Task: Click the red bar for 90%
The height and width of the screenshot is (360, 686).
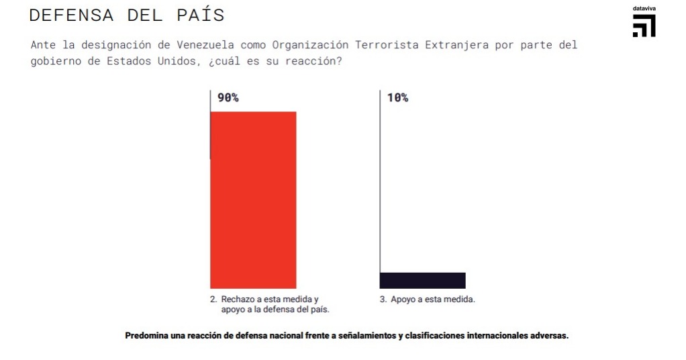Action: [253, 199]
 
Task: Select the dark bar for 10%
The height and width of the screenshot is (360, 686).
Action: [422, 280]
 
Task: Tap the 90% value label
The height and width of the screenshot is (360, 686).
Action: [228, 97]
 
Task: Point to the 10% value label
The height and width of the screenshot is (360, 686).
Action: [397, 97]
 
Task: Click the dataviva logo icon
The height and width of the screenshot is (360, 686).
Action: [644, 26]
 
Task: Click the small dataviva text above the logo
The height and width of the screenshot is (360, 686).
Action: [644, 9]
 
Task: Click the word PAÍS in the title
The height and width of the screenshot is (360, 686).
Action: [199, 15]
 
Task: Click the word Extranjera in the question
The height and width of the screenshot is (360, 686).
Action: [459, 45]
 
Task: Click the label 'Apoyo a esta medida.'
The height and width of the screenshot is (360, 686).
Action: [432, 300]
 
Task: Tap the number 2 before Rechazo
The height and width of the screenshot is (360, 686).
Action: [213, 300]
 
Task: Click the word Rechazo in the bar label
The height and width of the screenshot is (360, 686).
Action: [238, 300]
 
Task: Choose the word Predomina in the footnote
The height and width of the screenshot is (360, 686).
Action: [145, 335]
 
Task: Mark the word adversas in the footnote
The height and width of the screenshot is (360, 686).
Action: [550, 335]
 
